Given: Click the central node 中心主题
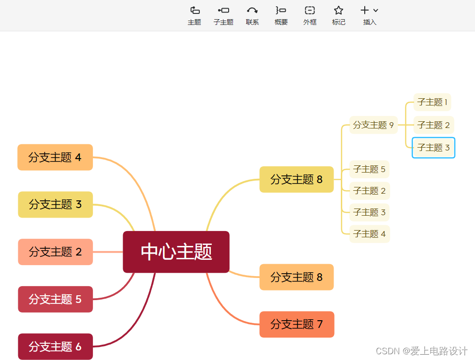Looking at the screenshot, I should point(176,252).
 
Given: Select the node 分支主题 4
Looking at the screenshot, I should point(55,157).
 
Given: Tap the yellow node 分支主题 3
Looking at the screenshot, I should point(55,204).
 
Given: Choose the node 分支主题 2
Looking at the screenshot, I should point(55,252).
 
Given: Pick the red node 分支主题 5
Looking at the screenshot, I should point(55,299).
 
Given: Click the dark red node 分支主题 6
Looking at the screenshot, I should point(55,346).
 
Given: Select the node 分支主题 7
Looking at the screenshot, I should point(297,324).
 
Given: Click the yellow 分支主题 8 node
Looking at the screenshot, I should point(296,179).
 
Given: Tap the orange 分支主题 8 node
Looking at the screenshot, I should point(296,277).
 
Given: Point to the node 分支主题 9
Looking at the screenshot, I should point(373,125).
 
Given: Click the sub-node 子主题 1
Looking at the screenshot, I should point(432,102).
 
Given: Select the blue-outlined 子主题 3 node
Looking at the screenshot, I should point(433,148).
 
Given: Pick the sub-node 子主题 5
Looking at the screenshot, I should point(369,169).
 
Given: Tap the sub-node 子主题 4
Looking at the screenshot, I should point(369,234).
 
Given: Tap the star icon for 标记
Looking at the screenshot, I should point(338,11).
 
